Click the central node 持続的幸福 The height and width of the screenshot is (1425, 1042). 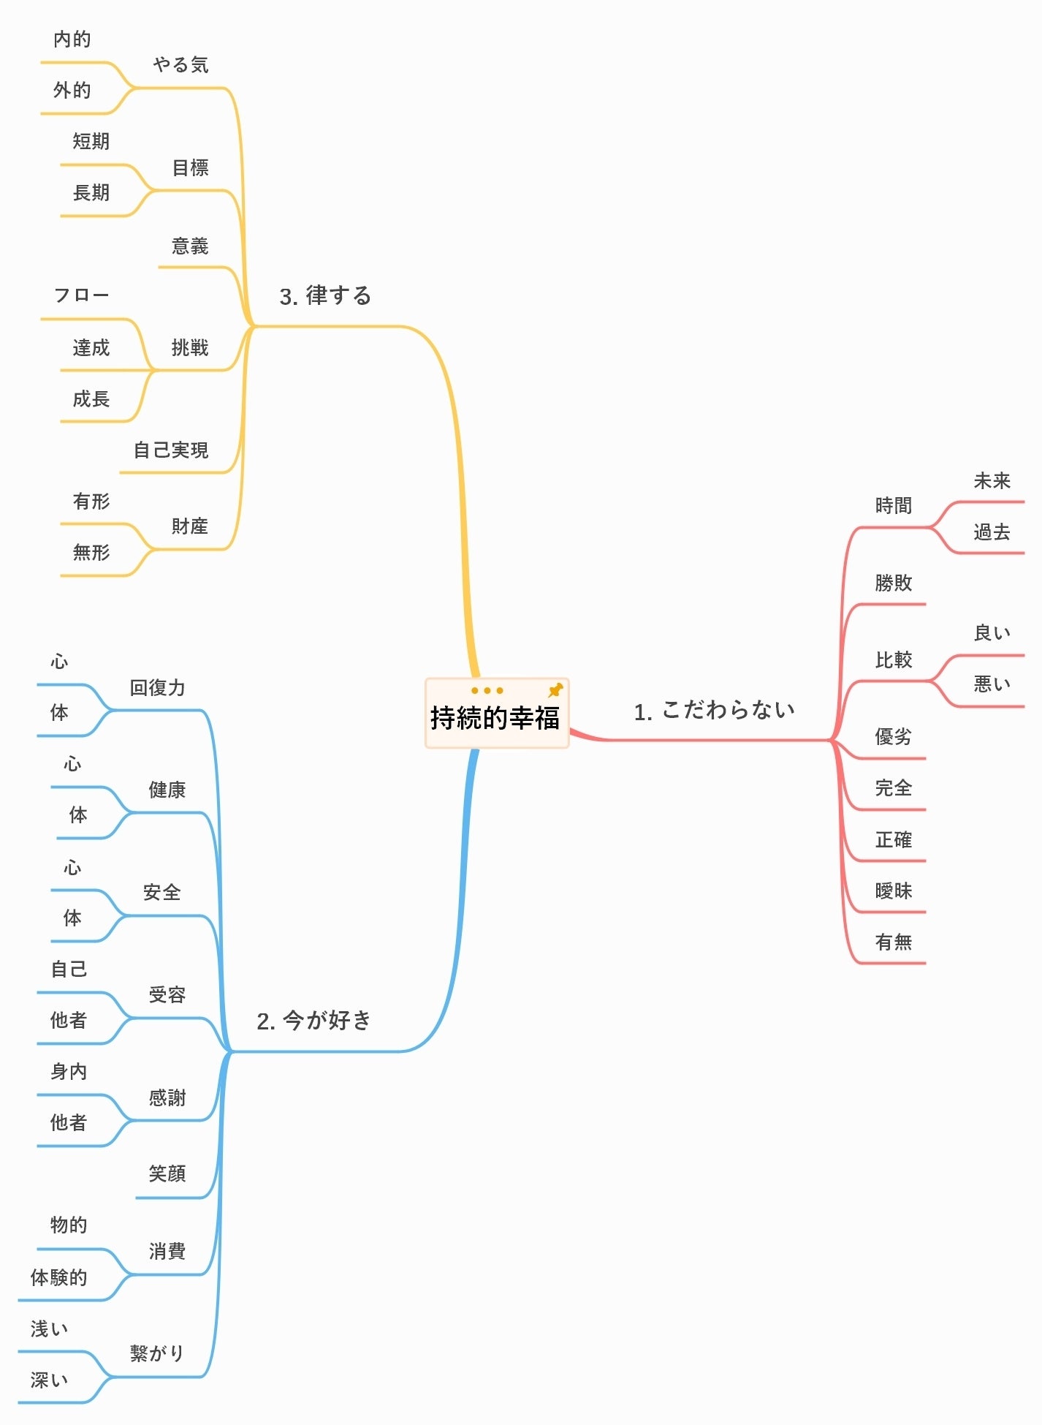click(x=495, y=718)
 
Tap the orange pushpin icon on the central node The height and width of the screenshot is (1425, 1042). click(x=555, y=690)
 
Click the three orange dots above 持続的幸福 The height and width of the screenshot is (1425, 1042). click(x=487, y=690)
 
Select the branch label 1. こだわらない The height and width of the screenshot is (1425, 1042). click(x=714, y=711)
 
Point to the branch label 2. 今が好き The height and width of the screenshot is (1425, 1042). click(x=314, y=1021)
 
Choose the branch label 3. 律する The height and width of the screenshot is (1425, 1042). click(x=325, y=296)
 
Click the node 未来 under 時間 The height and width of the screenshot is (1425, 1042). click(x=992, y=481)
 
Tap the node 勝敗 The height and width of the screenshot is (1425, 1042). click(x=894, y=583)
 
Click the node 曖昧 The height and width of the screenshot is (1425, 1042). click(x=894, y=891)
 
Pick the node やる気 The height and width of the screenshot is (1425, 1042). click(x=180, y=65)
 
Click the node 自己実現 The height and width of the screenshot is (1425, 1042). click(x=171, y=450)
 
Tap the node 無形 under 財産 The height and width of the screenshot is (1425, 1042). click(x=91, y=553)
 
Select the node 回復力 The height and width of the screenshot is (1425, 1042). click(x=158, y=688)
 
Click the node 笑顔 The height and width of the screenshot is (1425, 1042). click(x=167, y=1174)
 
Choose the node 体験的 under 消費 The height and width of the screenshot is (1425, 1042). click(x=58, y=1278)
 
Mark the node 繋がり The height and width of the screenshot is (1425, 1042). click(x=156, y=1353)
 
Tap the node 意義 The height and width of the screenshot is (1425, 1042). click(x=190, y=246)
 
